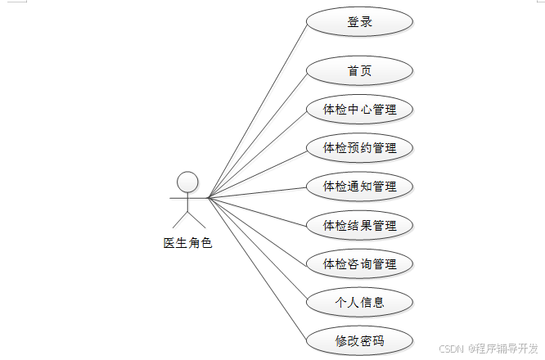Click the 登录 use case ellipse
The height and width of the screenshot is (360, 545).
point(359,22)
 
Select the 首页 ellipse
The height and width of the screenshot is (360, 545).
point(359,70)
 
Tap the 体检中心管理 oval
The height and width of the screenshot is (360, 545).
point(359,109)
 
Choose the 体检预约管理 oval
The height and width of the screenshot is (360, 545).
point(359,147)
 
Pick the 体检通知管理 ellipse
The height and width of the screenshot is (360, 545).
point(359,186)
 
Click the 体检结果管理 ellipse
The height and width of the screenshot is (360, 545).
point(359,224)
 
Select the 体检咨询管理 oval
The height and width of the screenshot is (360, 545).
point(359,263)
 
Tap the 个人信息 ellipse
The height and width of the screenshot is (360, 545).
point(359,302)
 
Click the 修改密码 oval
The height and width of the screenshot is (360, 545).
point(359,340)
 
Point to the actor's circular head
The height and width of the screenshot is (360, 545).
point(188,181)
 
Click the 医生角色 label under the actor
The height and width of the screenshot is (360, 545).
point(187,243)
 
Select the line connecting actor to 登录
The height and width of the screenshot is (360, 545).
point(258,110)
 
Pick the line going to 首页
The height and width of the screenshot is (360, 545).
point(258,134)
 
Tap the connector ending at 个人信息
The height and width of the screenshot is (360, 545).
point(258,250)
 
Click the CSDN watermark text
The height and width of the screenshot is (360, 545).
point(449,348)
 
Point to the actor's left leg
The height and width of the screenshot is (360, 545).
point(180,219)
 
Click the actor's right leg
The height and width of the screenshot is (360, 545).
point(197,219)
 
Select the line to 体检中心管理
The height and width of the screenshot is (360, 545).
point(258,153)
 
